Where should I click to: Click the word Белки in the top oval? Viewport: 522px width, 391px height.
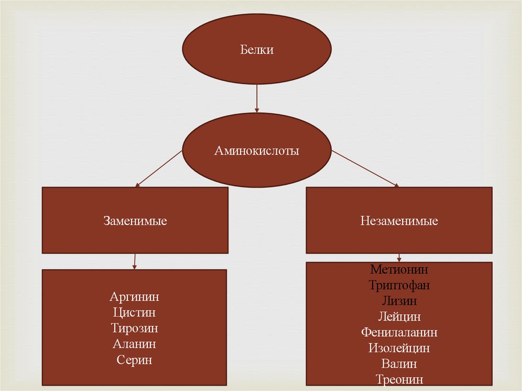click(x=257, y=50)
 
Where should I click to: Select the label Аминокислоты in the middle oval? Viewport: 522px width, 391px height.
click(x=257, y=151)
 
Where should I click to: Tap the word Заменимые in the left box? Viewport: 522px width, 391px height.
click(x=135, y=221)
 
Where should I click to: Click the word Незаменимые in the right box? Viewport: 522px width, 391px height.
click(x=399, y=221)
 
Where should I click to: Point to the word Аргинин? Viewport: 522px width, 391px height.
click(x=135, y=297)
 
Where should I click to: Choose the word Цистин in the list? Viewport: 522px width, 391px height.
click(x=135, y=312)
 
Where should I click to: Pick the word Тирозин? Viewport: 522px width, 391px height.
click(x=135, y=328)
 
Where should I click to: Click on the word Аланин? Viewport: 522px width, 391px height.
click(x=135, y=344)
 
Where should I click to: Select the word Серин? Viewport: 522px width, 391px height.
click(x=135, y=360)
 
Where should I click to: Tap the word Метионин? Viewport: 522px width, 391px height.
click(x=399, y=269)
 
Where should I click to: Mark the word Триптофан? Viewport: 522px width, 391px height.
click(x=399, y=285)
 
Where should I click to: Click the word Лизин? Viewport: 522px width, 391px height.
click(x=399, y=301)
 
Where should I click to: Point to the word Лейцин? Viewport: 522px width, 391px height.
click(x=399, y=317)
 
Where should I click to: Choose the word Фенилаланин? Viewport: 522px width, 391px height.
click(x=399, y=332)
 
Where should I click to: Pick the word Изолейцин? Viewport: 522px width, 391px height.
click(x=399, y=348)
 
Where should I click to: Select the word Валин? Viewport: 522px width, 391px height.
click(x=399, y=364)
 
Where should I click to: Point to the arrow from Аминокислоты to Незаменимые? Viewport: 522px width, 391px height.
click(x=364, y=168)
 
